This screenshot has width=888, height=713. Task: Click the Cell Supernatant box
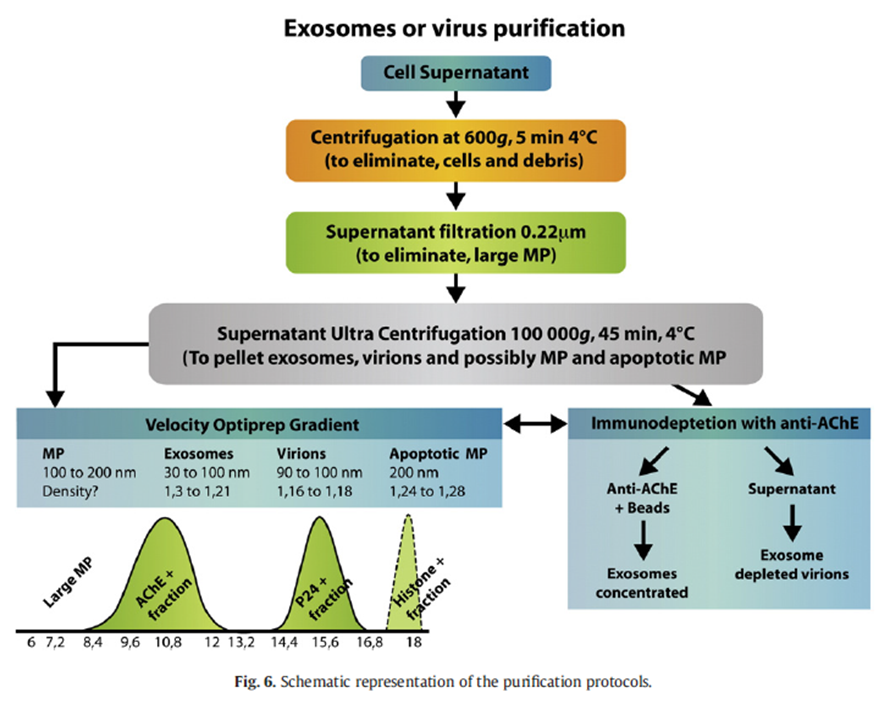click(456, 72)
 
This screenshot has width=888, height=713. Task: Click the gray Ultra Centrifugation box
click(456, 343)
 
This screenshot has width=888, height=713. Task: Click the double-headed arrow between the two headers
click(535, 425)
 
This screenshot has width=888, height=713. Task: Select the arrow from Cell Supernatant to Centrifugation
click(456, 104)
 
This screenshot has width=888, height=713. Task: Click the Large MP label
click(65, 585)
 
